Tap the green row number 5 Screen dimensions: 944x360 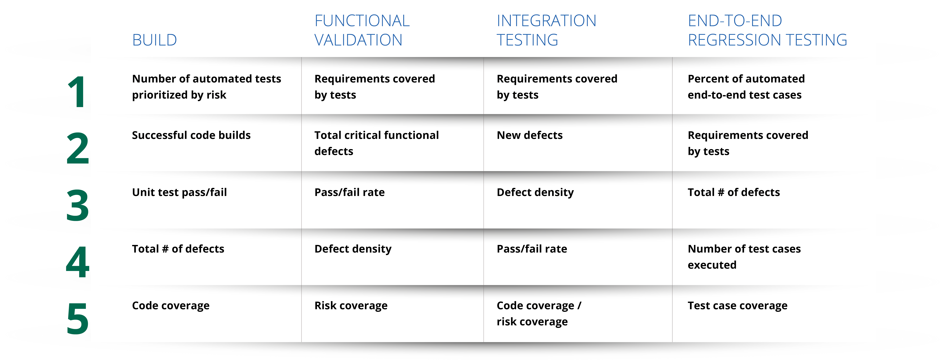[x=78, y=319]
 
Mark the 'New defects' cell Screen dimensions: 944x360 [x=529, y=135]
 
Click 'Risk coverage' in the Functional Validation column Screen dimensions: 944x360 [x=351, y=306]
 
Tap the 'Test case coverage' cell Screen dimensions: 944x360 [x=737, y=306]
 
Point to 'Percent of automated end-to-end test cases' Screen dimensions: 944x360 [x=746, y=87]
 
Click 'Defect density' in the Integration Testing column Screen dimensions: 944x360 [x=535, y=192]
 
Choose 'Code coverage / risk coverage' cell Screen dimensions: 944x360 [x=539, y=313]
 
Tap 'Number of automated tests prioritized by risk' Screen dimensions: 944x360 [x=206, y=87]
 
